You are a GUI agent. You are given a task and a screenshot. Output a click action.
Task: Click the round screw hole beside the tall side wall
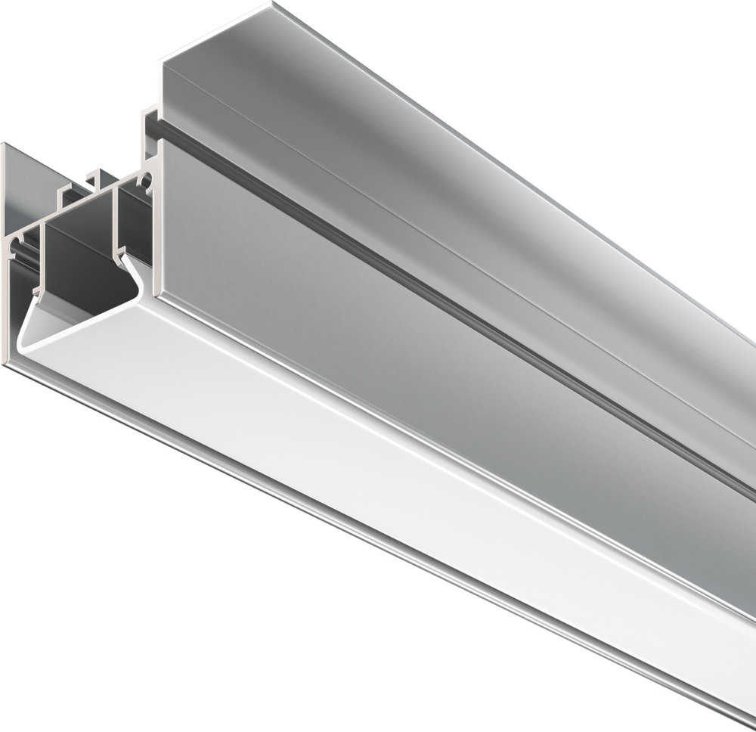[x=147, y=180]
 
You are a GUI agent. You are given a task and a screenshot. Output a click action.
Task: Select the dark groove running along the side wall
[x=454, y=302]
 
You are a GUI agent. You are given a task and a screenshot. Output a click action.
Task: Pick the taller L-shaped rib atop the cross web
[x=96, y=179]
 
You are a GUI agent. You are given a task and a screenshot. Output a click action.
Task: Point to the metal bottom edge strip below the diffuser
[x=378, y=529]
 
